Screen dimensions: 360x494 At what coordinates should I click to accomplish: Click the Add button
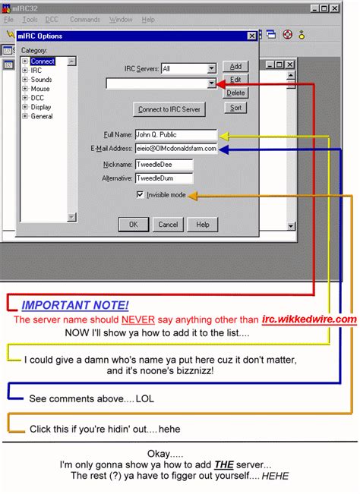236,67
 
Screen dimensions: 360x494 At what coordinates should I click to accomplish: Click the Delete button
236,93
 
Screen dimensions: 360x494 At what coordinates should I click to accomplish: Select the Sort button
236,108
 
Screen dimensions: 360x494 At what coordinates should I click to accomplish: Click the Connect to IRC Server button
169,109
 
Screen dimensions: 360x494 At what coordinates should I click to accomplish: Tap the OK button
133,225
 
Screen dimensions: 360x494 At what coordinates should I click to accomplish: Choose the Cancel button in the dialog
167,225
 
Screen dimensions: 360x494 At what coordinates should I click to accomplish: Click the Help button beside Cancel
202,225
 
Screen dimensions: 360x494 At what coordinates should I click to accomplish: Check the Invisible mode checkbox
141,195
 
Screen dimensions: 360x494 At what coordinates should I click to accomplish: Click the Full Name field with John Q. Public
175,135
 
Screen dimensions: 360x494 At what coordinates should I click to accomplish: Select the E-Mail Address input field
175,149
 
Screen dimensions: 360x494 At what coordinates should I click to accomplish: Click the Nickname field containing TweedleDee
163,164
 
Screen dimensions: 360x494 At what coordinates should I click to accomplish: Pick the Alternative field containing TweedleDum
163,178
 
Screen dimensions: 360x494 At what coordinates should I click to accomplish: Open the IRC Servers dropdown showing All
189,68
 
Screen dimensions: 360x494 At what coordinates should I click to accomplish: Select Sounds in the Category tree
41,80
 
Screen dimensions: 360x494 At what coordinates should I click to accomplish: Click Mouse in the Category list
39,89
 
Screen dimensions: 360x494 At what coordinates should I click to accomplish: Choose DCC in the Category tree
37,98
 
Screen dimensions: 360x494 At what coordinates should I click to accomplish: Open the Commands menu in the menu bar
84,20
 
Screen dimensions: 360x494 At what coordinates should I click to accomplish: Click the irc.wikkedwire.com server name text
308,319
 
